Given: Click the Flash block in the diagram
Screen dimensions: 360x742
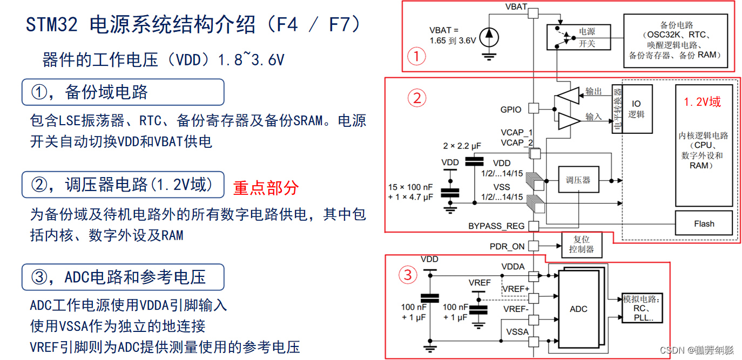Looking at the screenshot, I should (704, 223).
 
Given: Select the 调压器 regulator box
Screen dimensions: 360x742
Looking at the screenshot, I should (578, 180).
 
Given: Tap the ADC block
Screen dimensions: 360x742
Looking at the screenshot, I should (578, 309).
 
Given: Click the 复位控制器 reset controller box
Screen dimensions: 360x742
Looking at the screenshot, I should (581, 244).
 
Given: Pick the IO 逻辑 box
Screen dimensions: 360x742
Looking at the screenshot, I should (636, 109).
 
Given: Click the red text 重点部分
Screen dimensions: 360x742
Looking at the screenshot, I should (266, 188).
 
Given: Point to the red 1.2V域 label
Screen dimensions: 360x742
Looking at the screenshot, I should (702, 102).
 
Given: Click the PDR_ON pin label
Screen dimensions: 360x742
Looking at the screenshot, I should (507, 246).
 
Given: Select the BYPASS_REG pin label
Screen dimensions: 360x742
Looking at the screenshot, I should (496, 226).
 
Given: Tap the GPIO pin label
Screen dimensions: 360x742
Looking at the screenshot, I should (511, 110).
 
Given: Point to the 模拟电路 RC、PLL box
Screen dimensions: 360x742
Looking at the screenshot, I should (642, 309).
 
